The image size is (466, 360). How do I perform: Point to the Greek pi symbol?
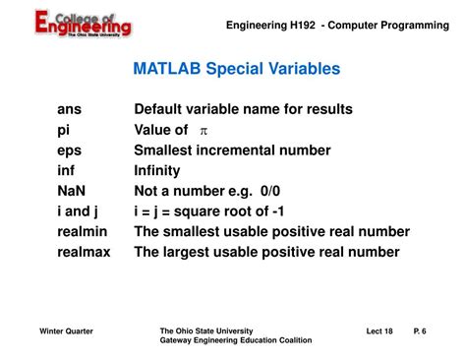click(204, 131)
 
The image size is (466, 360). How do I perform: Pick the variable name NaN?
click(72, 191)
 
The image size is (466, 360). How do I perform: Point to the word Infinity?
click(157, 170)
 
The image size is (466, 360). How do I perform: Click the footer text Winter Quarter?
click(67, 331)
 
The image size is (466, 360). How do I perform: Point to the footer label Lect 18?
click(379, 331)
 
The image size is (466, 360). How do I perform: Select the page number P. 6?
click(420, 331)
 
